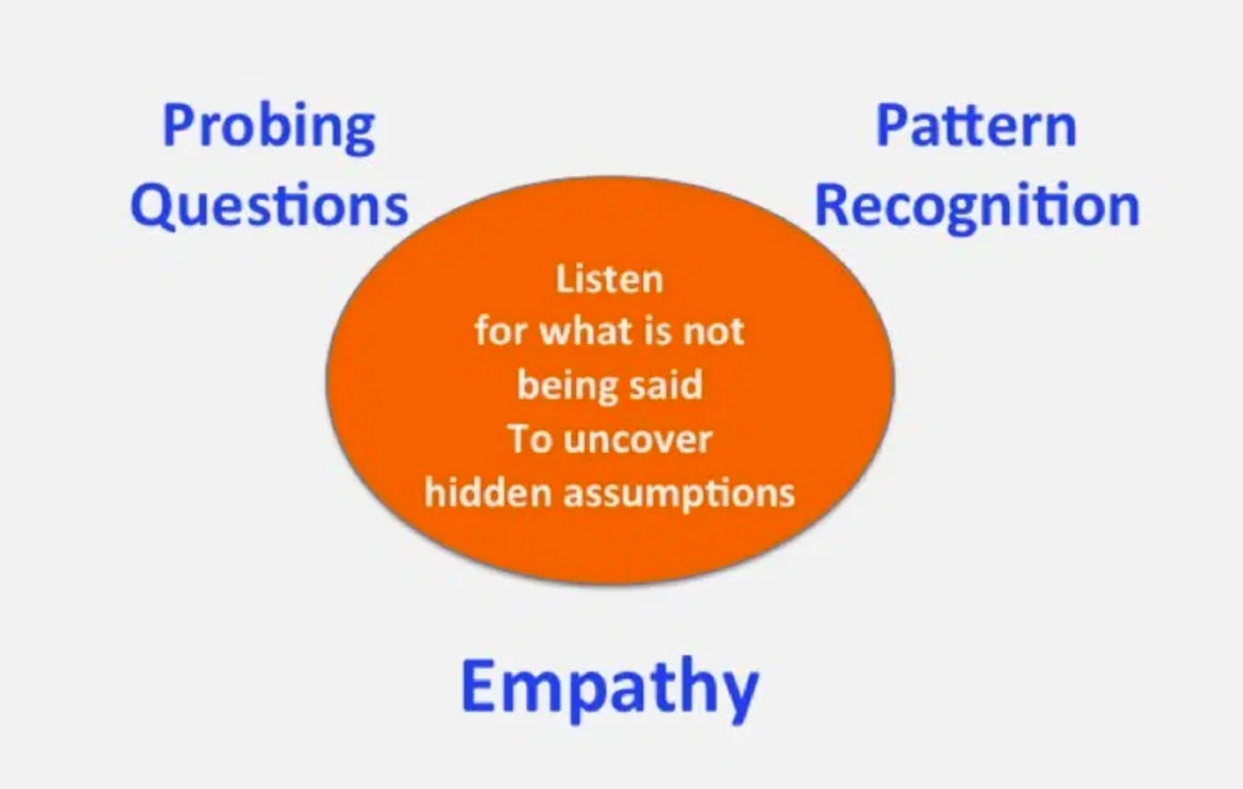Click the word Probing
coord(269,127)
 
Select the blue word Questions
coord(269,206)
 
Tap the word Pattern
coord(975,127)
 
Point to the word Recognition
coord(977,206)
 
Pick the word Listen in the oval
coord(609,279)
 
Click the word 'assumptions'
coord(679,494)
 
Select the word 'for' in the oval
coord(499,330)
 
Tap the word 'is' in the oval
coord(657,331)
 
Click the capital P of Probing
coord(178,126)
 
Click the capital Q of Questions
coord(151,206)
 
